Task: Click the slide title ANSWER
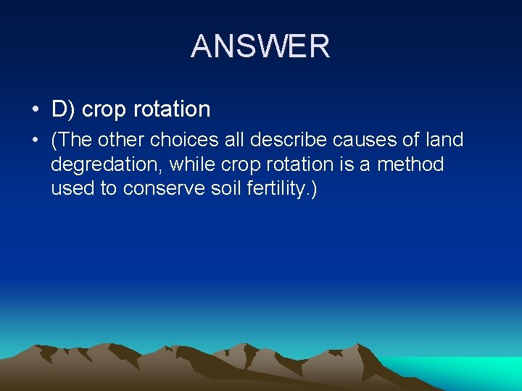[260, 46]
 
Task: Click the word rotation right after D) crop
[171, 109]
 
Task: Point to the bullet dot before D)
[35, 110]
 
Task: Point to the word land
[444, 139]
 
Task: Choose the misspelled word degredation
[106, 165]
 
